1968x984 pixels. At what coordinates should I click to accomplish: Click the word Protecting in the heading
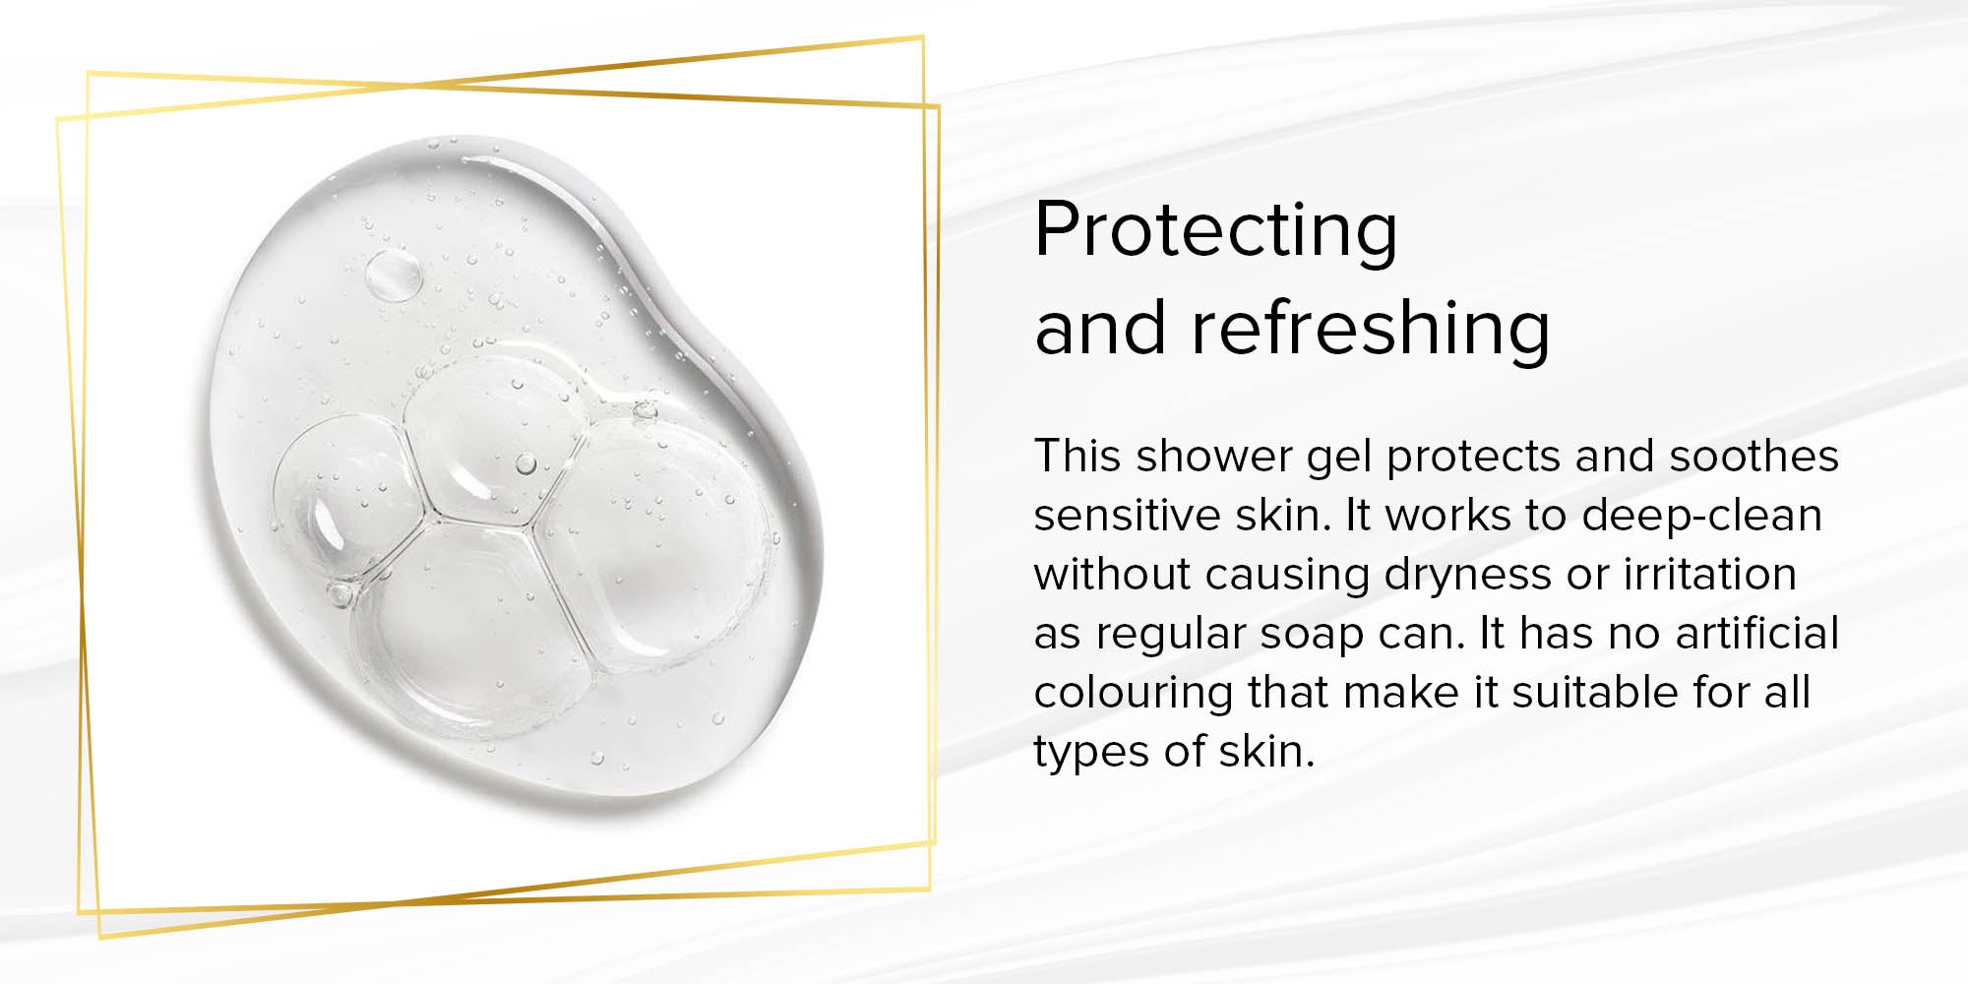click(1216, 232)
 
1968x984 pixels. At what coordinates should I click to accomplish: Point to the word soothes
click(1754, 456)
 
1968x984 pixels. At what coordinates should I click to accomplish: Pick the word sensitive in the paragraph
click(1120, 515)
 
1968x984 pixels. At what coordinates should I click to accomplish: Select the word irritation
click(1710, 574)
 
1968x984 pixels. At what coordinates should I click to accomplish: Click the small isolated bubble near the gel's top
click(394, 276)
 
